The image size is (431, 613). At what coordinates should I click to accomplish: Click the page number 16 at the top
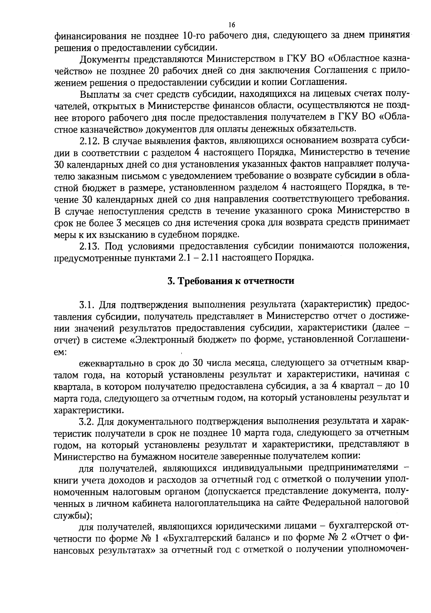[x=231, y=24]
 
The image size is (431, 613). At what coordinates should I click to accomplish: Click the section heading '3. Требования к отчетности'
[x=231, y=281]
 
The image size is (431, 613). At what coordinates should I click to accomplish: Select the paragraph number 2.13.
[x=88, y=247]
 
